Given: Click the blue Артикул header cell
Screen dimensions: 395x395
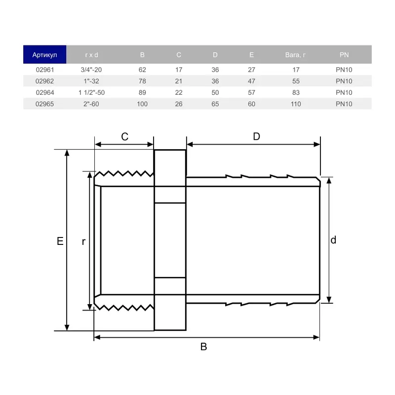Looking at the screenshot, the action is point(44,55).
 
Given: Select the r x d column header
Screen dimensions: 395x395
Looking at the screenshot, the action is point(91,55).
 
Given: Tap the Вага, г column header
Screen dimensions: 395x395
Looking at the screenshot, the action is point(295,55).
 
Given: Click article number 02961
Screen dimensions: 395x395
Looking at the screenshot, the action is point(45,70).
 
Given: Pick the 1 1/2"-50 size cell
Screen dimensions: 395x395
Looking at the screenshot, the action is point(91,93).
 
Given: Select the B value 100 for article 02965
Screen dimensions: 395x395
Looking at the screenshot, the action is point(142,104).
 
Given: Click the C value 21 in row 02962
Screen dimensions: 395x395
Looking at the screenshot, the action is point(179,81).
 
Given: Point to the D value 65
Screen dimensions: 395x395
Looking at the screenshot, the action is point(215,104).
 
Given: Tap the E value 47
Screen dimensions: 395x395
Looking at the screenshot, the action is point(251,81).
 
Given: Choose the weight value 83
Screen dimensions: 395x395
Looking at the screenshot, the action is point(296,93).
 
